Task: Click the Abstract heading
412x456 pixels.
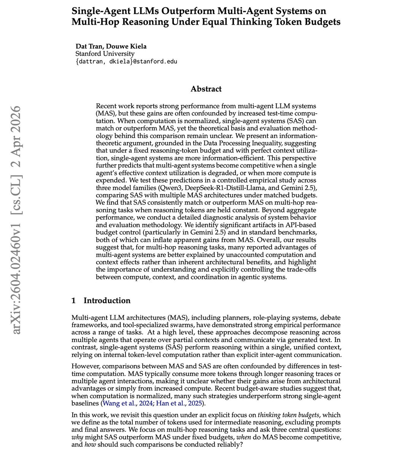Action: pyautogui.click(x=206, y=89)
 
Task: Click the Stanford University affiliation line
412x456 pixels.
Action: pyautogui.click(x=105, y=54)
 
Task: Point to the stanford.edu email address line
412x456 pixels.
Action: pyautogui.click(x=126, y=61)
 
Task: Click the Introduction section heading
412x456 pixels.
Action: pyautogui.click(x=107, y=301)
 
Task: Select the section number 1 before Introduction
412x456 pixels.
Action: pyautogui.click(x=74, y=301)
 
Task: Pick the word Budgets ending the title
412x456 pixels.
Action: pyautogui.click(x=323, y=22)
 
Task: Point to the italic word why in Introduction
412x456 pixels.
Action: pyautogui.click(x=78, y=437)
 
